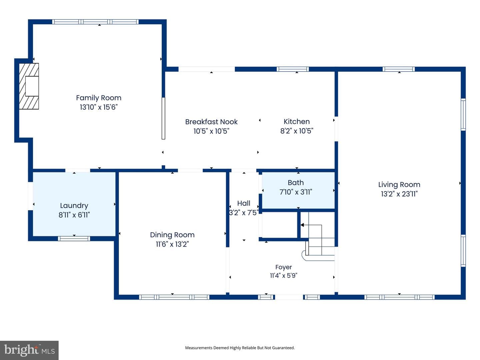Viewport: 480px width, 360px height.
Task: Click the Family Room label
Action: click(x=99, y=98)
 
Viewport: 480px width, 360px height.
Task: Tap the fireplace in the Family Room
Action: click(x=29, y=86)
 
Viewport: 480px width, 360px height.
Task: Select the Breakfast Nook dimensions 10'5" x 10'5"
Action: click(x=211, y=131)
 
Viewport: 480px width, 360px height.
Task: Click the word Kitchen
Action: click(x=297, y=122)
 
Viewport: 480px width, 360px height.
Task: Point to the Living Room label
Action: click(x=399, y=185)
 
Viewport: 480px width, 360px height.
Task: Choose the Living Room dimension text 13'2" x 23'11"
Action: click(x=399, y=194)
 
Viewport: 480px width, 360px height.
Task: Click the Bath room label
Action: click(x=296, y=183)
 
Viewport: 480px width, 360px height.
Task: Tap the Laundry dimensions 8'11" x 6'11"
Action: click(x=74, y=215)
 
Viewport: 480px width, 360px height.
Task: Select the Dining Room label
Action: click(x=172, y=235)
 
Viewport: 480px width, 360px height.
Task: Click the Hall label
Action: click(x=244, y=203)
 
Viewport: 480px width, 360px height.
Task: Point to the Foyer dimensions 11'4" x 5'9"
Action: click(x=283, y=275)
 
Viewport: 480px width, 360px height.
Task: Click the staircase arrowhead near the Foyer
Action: click(x=302, y=225)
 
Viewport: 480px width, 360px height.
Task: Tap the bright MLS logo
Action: click(x=29, y=350)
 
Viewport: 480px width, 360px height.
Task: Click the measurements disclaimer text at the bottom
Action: click(x=240, y=348)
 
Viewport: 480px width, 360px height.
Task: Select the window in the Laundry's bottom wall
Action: click(x=74, y=238)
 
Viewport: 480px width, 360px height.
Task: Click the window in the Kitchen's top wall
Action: click(x=293, y=69)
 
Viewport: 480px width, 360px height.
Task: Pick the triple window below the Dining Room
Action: click(x=174, y=297)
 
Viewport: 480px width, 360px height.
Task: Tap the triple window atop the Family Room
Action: click(x=95, y=22)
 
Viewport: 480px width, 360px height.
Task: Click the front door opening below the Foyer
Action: click(x=289, y=297)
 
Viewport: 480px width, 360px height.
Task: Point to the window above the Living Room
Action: click(x=398, y=69)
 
